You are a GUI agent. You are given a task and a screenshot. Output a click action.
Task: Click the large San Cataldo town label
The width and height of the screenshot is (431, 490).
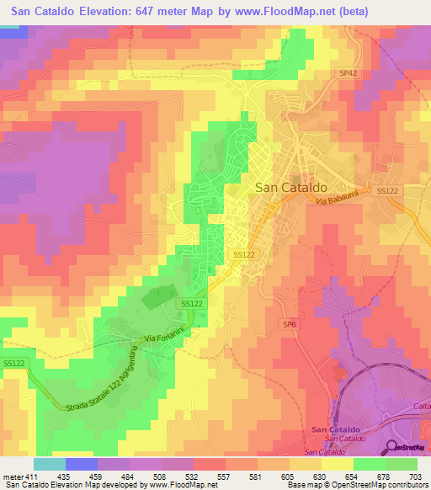[290, 188]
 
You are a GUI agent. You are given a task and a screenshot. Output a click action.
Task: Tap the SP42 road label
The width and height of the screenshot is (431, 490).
[349, 73]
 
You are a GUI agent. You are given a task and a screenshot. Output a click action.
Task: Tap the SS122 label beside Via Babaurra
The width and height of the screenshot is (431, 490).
[386, 191]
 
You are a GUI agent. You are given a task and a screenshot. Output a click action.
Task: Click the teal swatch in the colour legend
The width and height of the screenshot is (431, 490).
[50, 464]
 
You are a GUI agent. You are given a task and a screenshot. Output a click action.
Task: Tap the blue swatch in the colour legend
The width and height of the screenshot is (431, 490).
[82, 464]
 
